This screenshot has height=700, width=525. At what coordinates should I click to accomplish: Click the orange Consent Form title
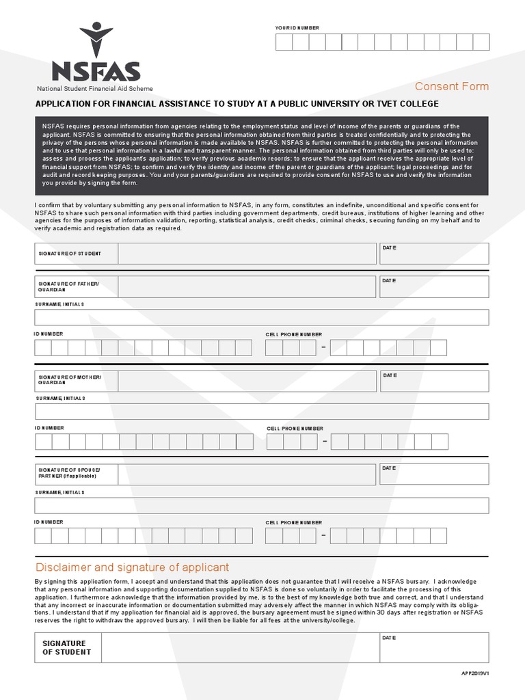(452, 86)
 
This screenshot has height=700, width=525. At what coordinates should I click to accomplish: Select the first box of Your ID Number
(284, 42)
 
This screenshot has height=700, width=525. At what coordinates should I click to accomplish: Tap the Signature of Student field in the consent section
(246, 253)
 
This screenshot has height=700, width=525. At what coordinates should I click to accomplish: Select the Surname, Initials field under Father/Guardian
(262, 317)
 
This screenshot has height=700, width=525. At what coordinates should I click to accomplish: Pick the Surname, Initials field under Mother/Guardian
(262, 412)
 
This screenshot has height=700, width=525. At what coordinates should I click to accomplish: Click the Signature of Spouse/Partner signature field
(246, 474)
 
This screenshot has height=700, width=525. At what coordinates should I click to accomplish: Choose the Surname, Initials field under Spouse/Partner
(262, 505)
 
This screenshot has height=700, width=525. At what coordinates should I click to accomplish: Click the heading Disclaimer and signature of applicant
(132, 567)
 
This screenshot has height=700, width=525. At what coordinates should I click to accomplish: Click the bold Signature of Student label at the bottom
(66, 647)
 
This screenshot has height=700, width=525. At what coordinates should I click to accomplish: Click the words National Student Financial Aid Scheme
(95, 89)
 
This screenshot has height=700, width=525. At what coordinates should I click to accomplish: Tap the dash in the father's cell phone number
(323, 348)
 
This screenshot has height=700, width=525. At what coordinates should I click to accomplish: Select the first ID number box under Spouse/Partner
(43, 535)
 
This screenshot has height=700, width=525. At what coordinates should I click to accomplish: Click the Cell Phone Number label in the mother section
(295, 428)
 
